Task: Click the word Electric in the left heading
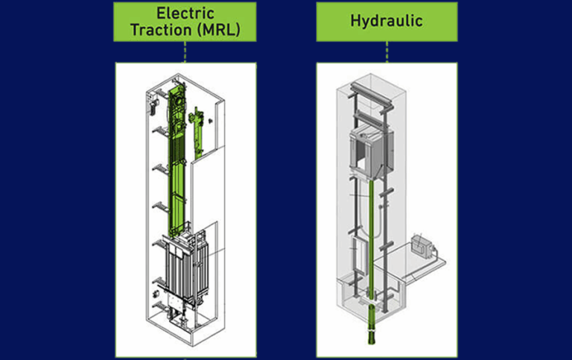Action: pos(185,13)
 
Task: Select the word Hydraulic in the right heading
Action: pos(387,21)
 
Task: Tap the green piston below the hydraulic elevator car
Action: pos(370,239)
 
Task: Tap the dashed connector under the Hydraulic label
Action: pos(387,51)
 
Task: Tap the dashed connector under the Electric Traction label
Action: pos(185,51)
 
